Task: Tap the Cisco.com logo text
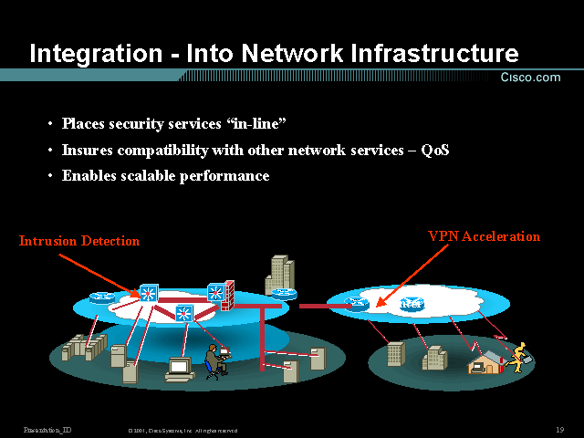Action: (530, 78)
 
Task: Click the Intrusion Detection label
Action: (79, 241)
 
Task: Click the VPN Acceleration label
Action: (484, 236)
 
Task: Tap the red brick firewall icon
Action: (228, 295)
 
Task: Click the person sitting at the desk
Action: (214, 360)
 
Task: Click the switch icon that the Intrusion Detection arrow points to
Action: (148, 294)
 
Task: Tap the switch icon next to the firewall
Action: (215, 293)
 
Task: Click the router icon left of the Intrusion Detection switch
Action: (100, 297)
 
